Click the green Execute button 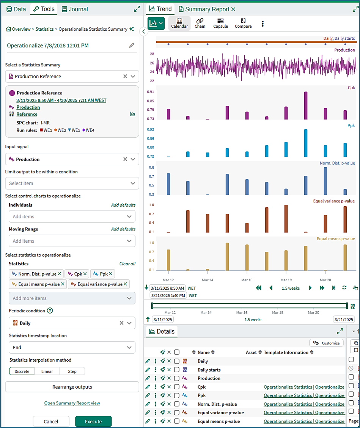click(x=93, y=421)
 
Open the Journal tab click(x=75, y=9)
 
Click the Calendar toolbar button click(x=179, y=23)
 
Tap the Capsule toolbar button click(x=220, y=23)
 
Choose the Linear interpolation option click(x=47, y=371)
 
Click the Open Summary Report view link click(x=72, y=403)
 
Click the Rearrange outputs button click(x=72, y=387)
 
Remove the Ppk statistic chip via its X click(x=111, y=274)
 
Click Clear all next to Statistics click(x=127, y=264)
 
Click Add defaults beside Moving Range click(x=123, y=229)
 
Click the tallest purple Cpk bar click(x=306, y=106)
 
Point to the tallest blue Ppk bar click(x=306, y=143)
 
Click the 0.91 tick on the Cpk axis click(x=151, y=92)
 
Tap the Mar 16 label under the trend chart click(x=247, y=280)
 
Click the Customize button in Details click(x=326, y=343)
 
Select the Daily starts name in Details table click(x=209, y=370)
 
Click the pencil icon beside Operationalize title click(x=132, y=45)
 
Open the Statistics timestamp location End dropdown click(x=72, y=348)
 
